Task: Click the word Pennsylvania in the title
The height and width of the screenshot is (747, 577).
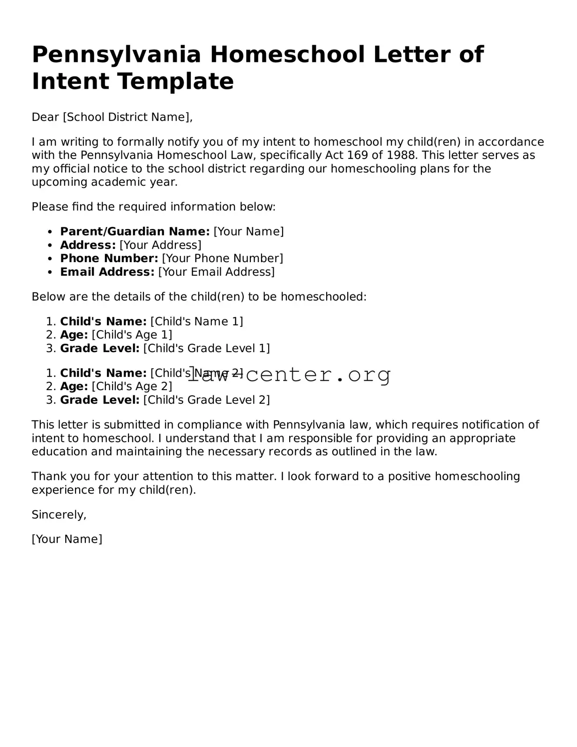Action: (116, 55)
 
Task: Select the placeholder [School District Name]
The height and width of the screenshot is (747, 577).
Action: (127, 117)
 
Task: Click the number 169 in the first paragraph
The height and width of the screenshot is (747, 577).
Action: (358, 155)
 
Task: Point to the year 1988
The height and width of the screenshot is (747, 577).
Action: (398, 155)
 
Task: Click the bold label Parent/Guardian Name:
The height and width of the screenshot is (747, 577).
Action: (135, 232)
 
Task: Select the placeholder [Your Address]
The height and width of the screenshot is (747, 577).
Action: (160, 245)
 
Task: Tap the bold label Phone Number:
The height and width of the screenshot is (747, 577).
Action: (109, 258)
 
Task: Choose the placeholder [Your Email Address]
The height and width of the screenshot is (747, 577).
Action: (217, 272)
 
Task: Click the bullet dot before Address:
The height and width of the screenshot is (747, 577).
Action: (50, 245)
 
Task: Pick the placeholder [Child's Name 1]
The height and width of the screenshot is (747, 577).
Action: (197, 322)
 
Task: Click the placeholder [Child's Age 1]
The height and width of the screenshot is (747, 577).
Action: (132, 335)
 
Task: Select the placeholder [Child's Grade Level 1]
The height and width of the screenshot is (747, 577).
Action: (207, 348)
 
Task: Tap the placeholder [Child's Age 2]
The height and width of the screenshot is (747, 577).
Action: (132, 386)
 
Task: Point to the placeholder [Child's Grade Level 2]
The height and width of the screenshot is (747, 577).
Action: (207, 400)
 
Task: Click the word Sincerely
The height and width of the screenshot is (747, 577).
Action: (58, 515)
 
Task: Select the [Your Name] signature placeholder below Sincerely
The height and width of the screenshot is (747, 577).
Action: (67, 539)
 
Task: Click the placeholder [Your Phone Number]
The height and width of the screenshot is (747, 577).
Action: (223, 258)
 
